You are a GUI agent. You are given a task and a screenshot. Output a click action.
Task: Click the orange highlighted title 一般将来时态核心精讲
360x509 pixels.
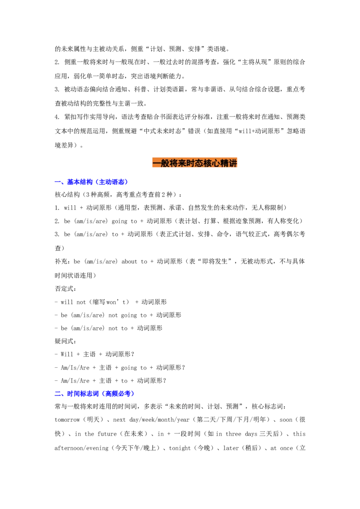point(194,163)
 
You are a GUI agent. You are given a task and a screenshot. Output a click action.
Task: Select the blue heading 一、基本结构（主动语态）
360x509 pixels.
point(91,182)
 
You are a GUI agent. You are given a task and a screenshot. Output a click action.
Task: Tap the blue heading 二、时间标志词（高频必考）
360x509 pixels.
point(94,393)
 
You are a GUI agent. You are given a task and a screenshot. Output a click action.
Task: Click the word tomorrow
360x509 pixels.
point(67,420)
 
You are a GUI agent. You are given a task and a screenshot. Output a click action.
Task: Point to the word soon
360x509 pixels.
point(286,420)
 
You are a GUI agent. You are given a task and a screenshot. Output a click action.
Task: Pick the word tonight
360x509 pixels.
point(180,448)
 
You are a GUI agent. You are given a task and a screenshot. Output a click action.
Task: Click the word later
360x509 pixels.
point(231,448)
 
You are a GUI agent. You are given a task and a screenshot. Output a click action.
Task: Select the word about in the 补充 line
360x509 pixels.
point(129,262)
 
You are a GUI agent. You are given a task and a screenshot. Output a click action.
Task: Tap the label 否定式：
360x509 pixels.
point(66,289)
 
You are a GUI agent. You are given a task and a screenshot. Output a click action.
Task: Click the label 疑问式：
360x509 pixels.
point(66,341)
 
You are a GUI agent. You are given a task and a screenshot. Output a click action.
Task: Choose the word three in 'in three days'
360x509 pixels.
point(233,434)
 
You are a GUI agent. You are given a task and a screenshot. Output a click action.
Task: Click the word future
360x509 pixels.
point(107,434)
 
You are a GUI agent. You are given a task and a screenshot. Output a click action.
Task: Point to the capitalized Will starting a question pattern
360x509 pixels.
point(67,354)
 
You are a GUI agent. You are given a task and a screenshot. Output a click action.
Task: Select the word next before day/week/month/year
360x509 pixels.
point(119,420)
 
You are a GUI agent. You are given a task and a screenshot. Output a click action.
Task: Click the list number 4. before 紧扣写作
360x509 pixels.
point(57,117)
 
